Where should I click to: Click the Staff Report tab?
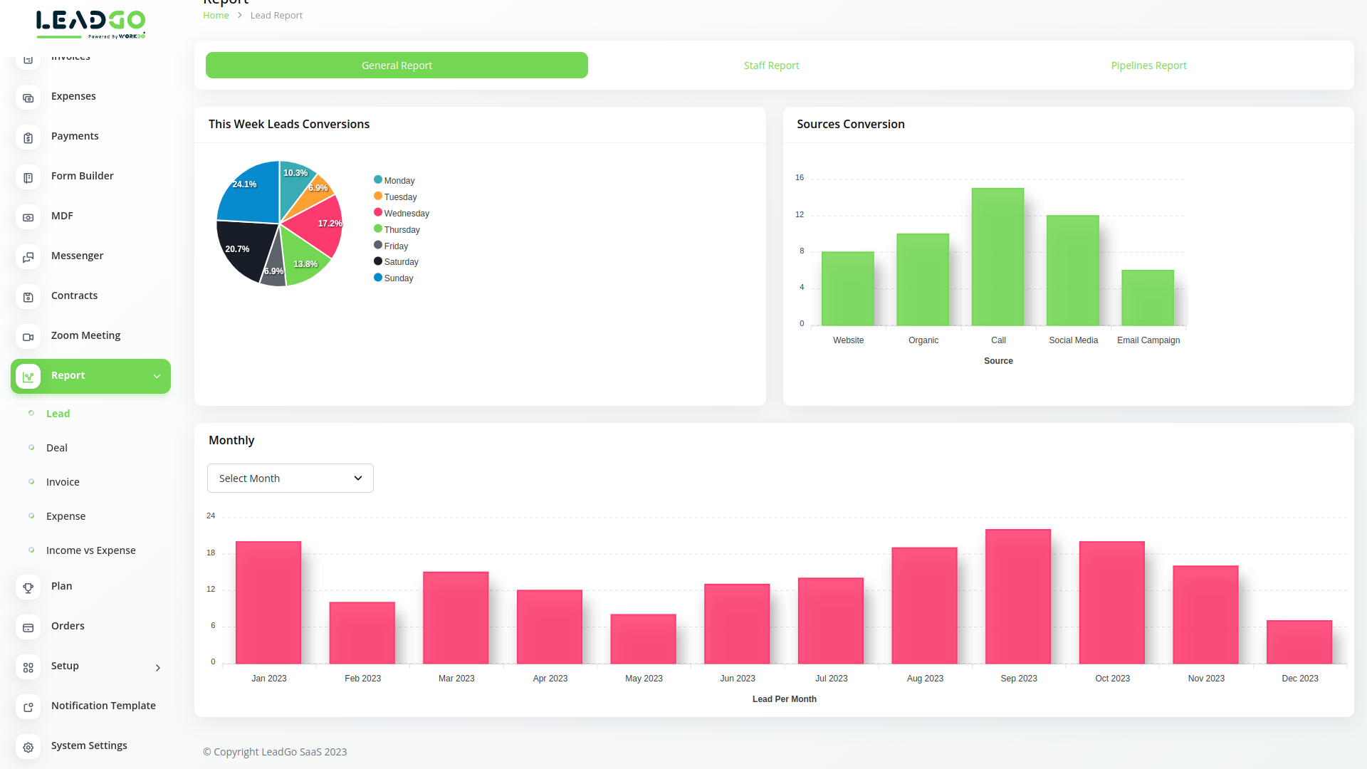[771, 66]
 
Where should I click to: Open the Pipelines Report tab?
[1148, 66]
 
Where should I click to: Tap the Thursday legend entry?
[401, 230]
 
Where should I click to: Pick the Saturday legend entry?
[400, 262]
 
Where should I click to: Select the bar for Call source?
[997, 257]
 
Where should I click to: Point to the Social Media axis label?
[1073, 340]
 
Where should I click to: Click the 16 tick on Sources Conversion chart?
[800, 178]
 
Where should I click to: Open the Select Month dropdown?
[290, 478]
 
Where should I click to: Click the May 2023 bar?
[643, 639]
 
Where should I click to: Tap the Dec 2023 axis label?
[1299, 679]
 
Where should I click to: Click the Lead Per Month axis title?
[784, 699]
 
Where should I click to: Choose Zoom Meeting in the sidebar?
[85, 335]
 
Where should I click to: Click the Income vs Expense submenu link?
[90, 550]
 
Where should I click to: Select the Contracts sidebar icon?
[28, 297]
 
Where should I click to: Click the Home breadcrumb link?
[216, 16]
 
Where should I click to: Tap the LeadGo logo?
[90, 24]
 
